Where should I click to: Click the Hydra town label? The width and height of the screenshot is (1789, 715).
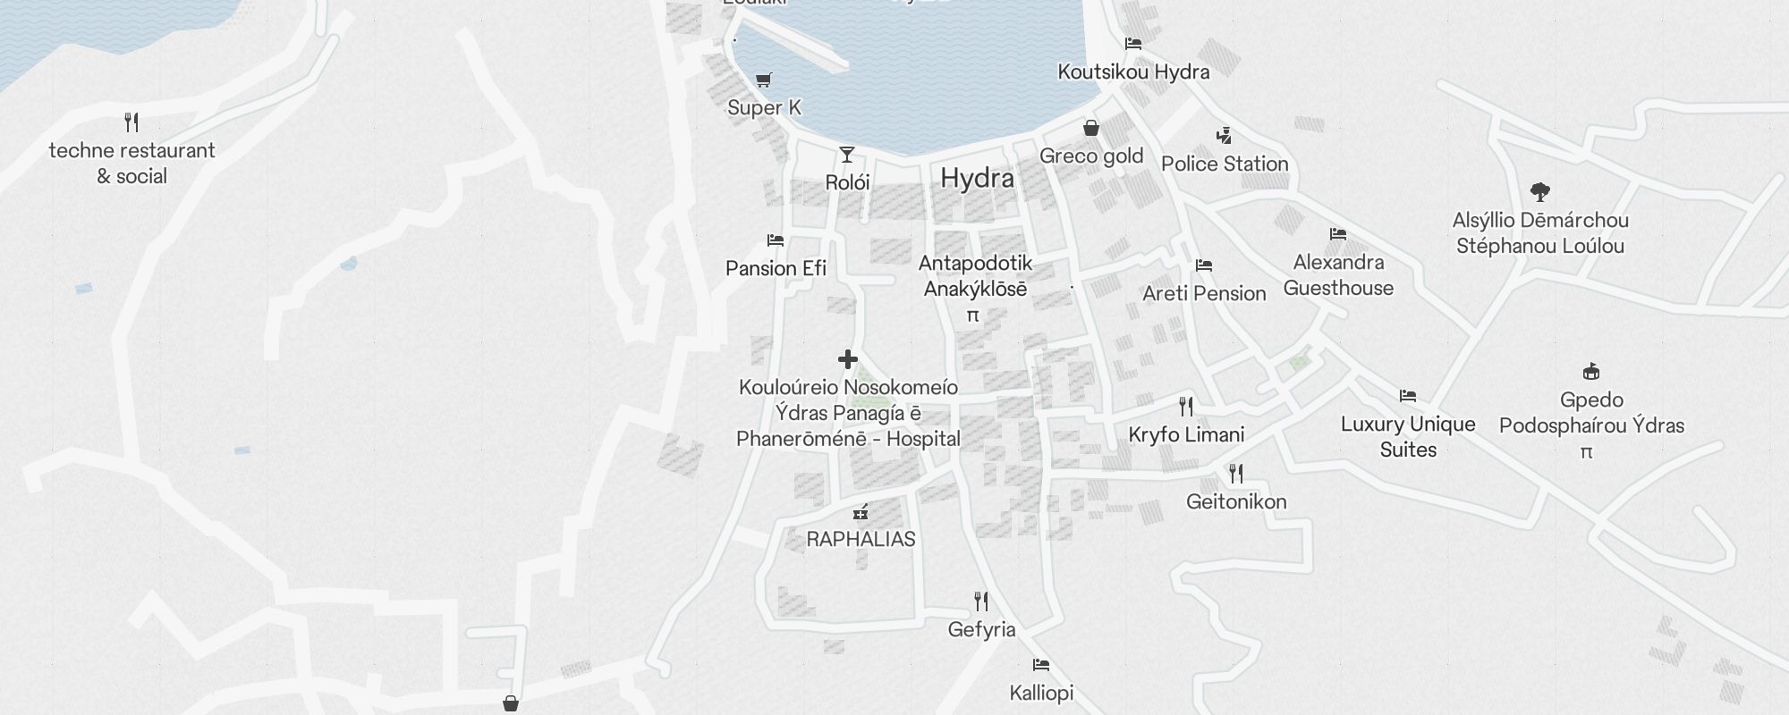tap(977, 179)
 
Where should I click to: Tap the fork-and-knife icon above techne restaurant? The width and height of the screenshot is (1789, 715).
tap(131, 122)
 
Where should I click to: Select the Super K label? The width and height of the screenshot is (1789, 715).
tap(764, 108)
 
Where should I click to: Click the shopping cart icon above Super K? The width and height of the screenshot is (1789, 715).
tap(763, 80)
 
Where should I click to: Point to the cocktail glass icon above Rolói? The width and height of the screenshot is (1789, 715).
tap(846, 155)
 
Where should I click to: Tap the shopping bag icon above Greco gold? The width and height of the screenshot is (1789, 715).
tap(1090, 128)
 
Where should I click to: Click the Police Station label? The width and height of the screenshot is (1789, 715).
tap(1225, 164)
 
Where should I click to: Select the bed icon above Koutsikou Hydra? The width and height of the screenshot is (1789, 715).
tap(1133, 44)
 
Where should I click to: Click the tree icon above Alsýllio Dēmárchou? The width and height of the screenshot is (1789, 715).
tap(1539, 191)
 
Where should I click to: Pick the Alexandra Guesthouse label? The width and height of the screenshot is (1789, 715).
tap(1338, 275)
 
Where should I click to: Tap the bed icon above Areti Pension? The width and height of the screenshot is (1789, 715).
tap(1204, 265)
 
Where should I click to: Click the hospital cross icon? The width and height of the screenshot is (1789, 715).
tap(847, 359)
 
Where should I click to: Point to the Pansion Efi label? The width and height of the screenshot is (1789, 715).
tap(776, 268)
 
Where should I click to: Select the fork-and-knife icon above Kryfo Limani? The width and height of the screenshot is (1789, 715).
tap(1186, 407)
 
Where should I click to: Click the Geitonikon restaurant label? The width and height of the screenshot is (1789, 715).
tap(1236, 501)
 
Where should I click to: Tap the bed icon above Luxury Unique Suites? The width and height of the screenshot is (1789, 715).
tap(1408, 396)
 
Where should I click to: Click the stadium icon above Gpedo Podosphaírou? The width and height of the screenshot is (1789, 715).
tap(1591, 372)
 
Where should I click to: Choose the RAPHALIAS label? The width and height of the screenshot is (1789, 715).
tap(861, 539)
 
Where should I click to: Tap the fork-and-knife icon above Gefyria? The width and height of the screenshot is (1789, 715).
tap(981, 601)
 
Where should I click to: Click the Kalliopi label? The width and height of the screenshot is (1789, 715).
tap(1041, 693)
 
